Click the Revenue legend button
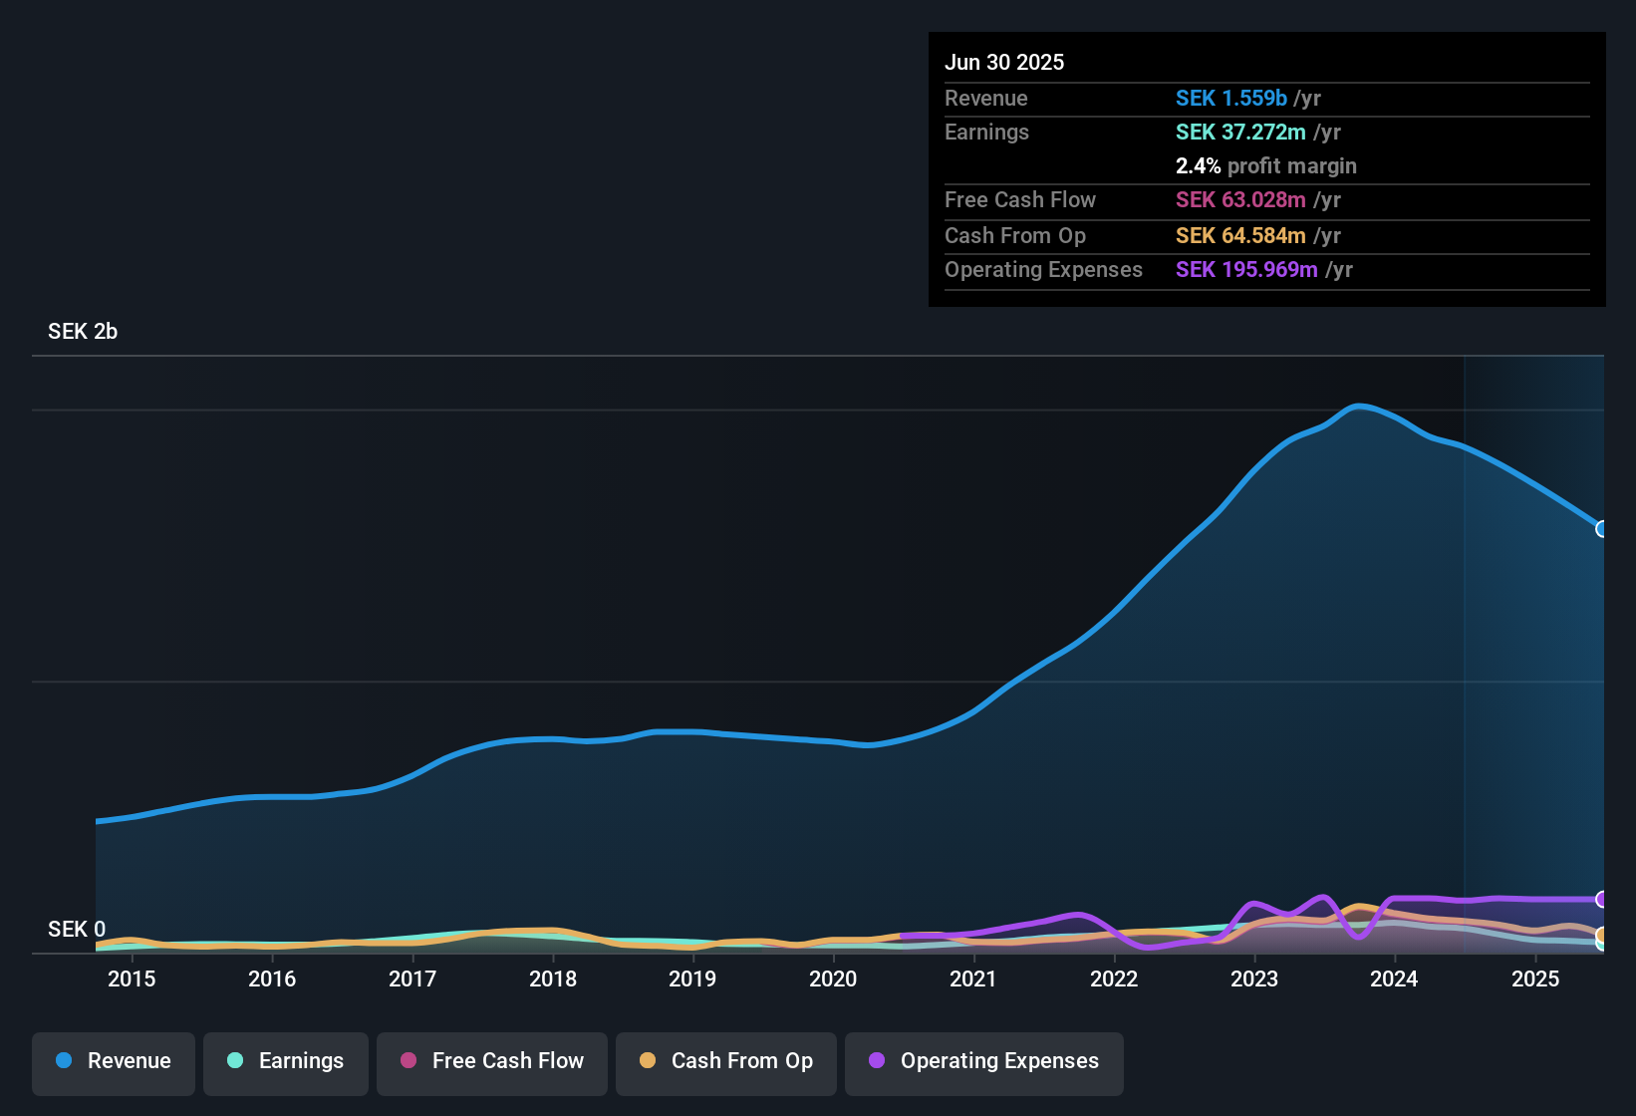[x=114, y=1061]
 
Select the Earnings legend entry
[x=286, y=1061]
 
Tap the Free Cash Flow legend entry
[x=492, y=1061]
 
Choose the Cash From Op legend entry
[x=726, y=1061]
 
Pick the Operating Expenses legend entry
[x=984, y=1061]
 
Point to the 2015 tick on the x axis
[x=132, y=978]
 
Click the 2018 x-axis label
[x=553, y=978]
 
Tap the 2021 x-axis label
[x=973, y=978]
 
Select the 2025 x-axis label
[x=1535, y=978]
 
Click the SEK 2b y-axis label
[x=83, y=332]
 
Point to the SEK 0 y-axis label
[x=77, y=930]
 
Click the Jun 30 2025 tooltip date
[x=1004, y=63]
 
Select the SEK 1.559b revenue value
[x=1231, y=99]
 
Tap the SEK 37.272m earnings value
[x=1240, y=133]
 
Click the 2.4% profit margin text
[x=1265, y=166]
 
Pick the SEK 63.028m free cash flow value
[x=1240, y=200]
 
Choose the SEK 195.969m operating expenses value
[x=1246, y=270]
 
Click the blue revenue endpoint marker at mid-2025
[x=1601, y=529]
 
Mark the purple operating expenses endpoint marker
[x=1601, y=900]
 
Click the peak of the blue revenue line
[x=1359, y=406]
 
